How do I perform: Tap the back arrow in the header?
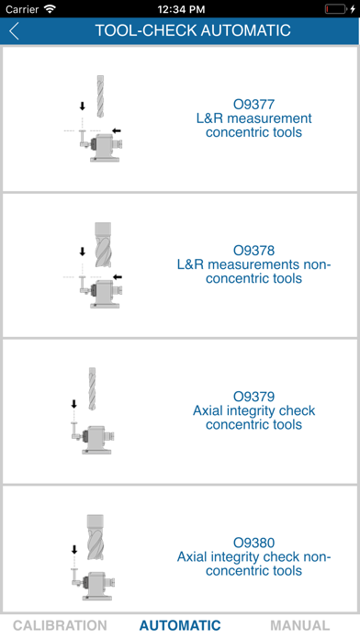pos(15,31)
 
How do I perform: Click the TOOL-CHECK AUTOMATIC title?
pos(193,30)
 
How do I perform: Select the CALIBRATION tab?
pos(60,625)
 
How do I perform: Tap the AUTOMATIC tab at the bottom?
pos(180,625)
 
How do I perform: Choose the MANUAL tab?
pos(300,625)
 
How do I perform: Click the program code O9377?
pos(253,105)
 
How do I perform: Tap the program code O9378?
pos(253,251)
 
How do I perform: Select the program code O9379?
pos(253,397)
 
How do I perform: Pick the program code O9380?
pos(253,543)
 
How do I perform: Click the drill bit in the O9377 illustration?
pos(100,96)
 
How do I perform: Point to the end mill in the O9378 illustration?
pos(103,244)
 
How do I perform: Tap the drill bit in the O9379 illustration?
pos(92,388)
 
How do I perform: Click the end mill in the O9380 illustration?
pos(95,537)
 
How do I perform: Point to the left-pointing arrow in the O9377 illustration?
pos(117,130)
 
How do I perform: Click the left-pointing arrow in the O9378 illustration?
pos(118,277)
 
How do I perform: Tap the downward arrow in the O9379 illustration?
pos(73,404)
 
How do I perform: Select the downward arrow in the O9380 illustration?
pos(74,550)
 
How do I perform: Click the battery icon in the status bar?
pos(335,9)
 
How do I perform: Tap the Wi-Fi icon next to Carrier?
pos(50,9)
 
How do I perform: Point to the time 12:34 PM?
pos(181,9)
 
